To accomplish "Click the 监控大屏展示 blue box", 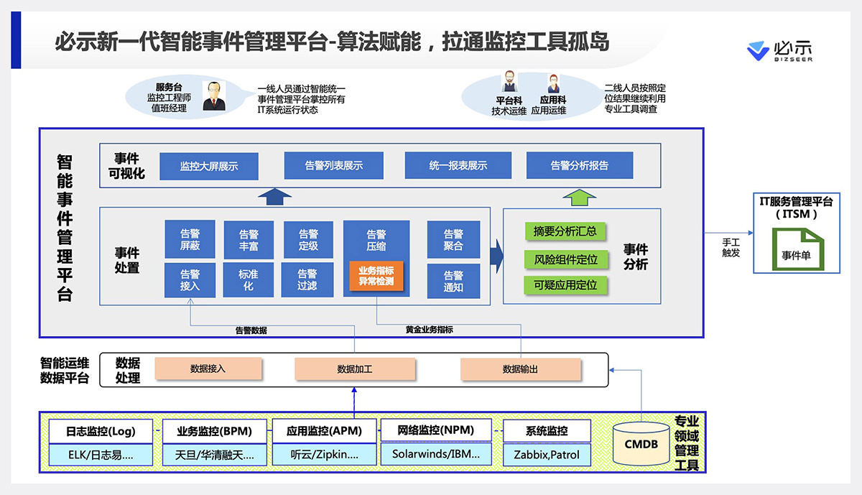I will [208, 166].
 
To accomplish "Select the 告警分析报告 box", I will [580, 166].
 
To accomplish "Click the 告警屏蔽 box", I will [190, 239].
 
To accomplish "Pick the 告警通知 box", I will [453, 281].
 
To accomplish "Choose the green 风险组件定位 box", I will [566, 259].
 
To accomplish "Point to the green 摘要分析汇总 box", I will [566, 231].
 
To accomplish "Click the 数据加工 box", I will [355, 369].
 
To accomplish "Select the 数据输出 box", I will [520, 369].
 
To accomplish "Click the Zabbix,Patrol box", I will [547, 455].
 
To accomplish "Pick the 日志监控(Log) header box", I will [101, 431].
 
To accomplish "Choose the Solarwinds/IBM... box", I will [436, 454].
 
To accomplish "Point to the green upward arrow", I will [580, 196].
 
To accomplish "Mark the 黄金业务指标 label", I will [429, 330].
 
